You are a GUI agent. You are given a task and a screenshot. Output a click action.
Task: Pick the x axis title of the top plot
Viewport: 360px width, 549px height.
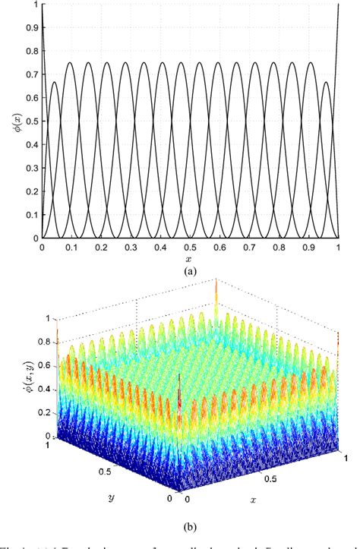(190, 259)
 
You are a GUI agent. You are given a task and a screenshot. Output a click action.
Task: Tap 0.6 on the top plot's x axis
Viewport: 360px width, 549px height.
(219, 248)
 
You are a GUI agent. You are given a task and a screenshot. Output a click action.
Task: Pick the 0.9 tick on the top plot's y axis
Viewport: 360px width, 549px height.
(30, 29)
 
